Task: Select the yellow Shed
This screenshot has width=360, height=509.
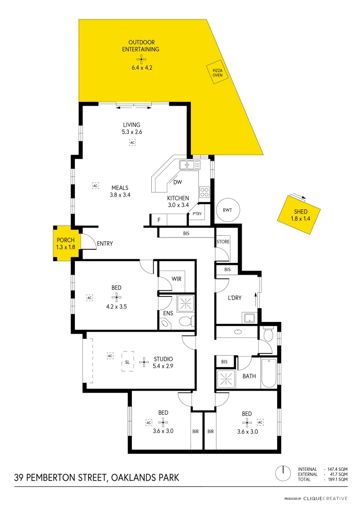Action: (x=300, y=215)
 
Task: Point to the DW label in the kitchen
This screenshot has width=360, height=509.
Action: (x=178, y=182)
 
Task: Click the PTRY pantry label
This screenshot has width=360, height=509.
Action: (x=197, y=214)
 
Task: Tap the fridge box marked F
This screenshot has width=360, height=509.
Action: (x=159, y=220)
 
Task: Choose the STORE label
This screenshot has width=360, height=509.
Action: (x=223, y=242)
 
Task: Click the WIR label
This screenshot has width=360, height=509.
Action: (x=177, y=279)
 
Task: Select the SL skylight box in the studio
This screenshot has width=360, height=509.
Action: (x=127, y=362)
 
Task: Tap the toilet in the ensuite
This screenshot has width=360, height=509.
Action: (x=186, y=321)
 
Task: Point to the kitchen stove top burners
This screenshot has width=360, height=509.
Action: (x=205, y=192)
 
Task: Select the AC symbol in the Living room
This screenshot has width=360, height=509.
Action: (x=132, y=142)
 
